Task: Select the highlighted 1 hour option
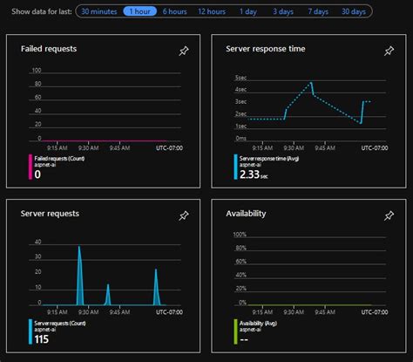point(140,11)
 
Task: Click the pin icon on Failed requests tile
point(183,51)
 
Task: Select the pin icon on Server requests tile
point(183,215)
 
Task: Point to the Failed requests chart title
point(49,49)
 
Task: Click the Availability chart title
point(246,213)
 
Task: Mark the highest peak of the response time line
point(311,83)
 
